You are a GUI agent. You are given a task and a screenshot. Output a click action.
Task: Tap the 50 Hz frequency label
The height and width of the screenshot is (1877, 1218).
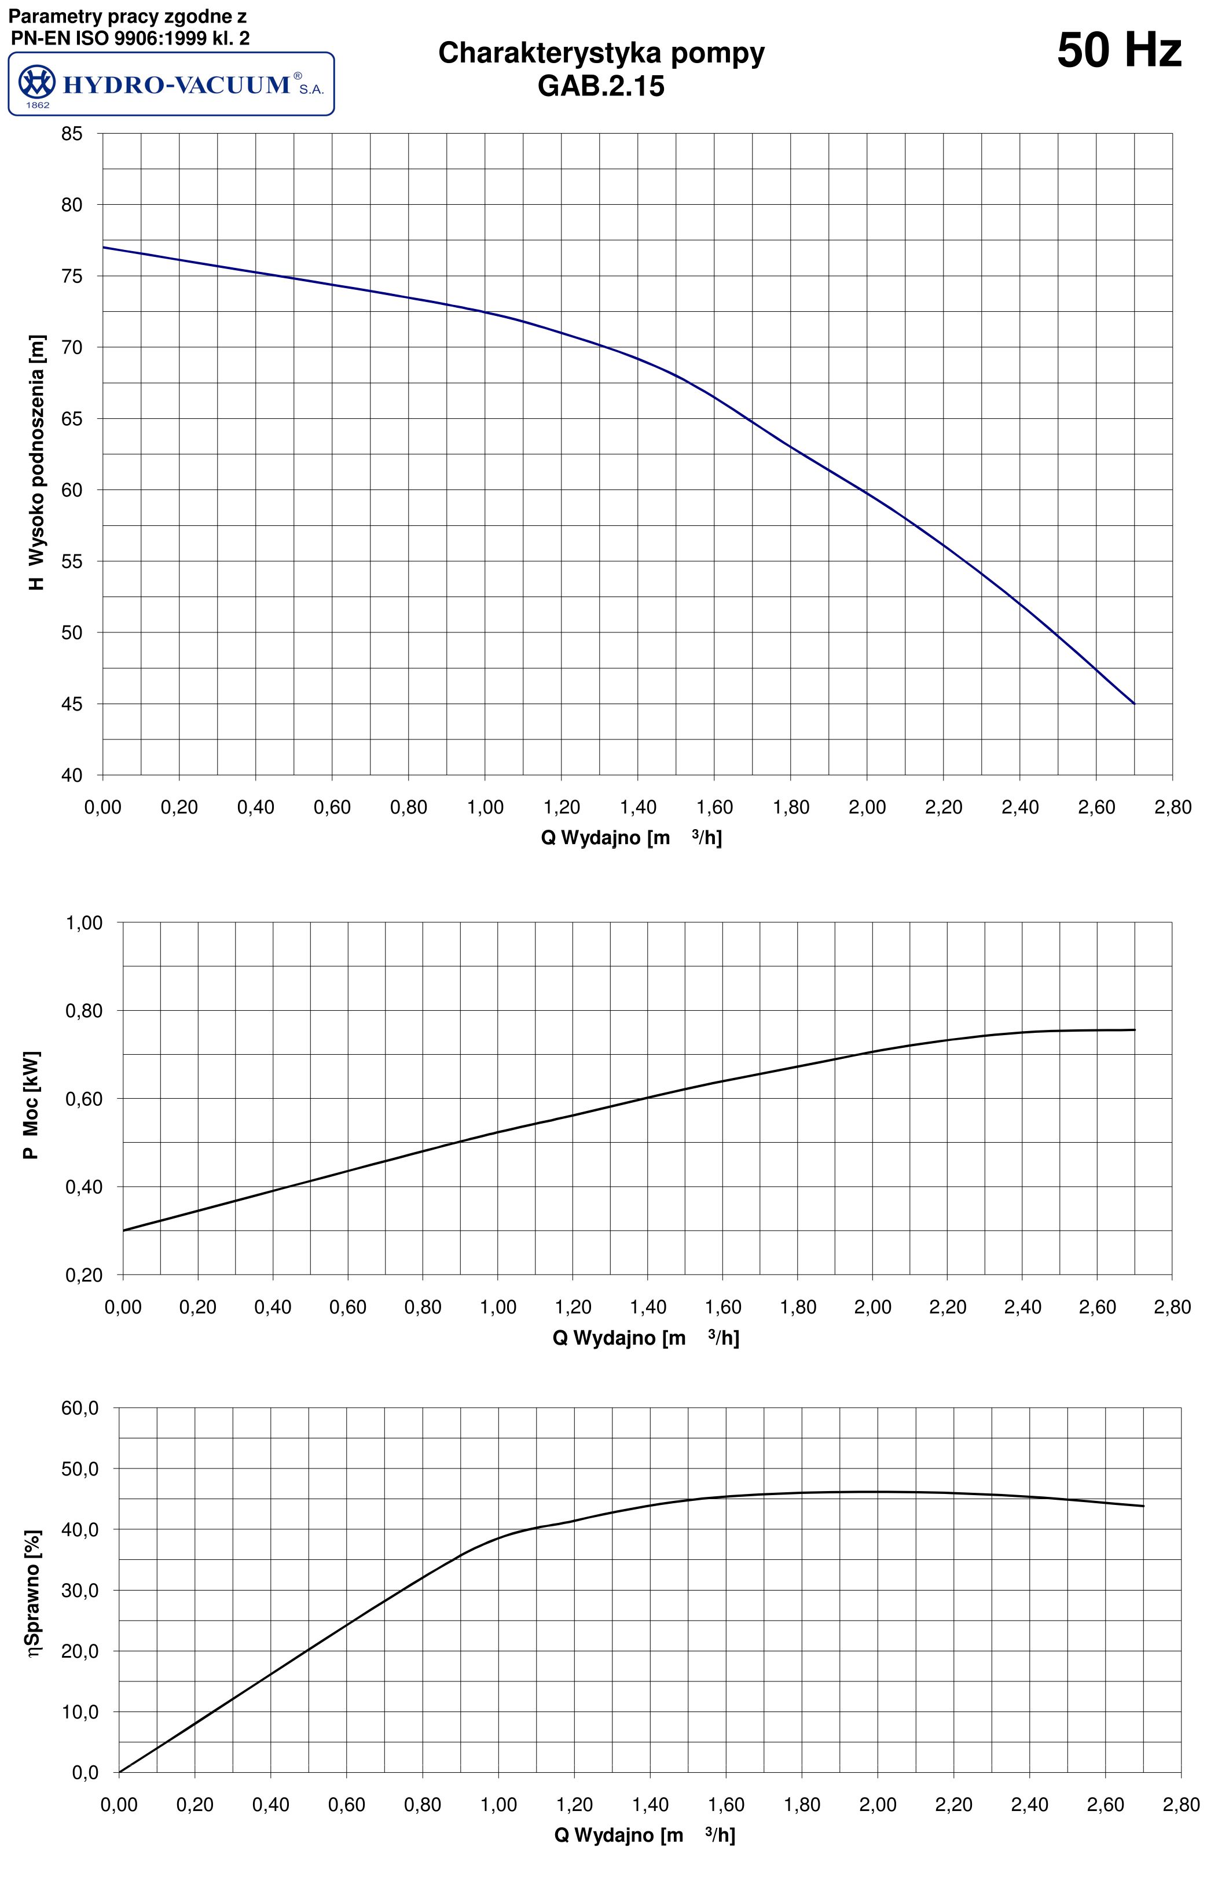coord(1118,50)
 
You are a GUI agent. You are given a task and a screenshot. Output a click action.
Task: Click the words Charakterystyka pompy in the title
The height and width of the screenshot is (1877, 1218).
coord(601,53)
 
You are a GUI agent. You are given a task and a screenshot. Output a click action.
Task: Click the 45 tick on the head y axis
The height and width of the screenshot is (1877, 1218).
coord(72,704)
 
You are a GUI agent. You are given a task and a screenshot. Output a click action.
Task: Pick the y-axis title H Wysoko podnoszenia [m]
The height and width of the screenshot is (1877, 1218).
coord(36,462)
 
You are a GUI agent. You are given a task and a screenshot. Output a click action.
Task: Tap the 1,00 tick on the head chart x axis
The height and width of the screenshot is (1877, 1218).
coord(485,807)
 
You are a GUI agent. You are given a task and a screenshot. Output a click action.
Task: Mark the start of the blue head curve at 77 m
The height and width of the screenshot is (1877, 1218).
coord(104,248)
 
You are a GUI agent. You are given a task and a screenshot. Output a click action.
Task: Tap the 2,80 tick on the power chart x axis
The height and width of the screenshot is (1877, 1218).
coord(1172,1307)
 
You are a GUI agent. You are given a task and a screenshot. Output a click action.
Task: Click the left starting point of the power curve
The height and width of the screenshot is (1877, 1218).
coord(124,1230)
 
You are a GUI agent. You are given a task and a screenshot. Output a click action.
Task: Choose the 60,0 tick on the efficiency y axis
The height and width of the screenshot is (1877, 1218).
coord(80,1408)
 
